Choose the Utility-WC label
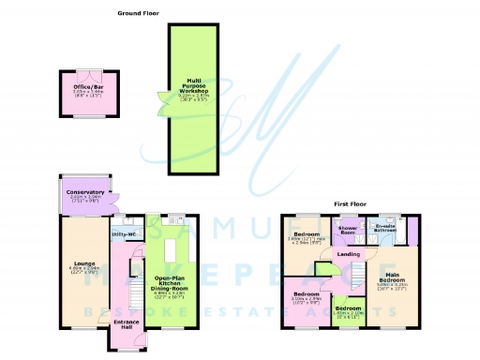[125, 233]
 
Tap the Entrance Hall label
[125, 323]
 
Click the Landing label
[348, 254]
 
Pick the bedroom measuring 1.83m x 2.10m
[349, 309]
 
